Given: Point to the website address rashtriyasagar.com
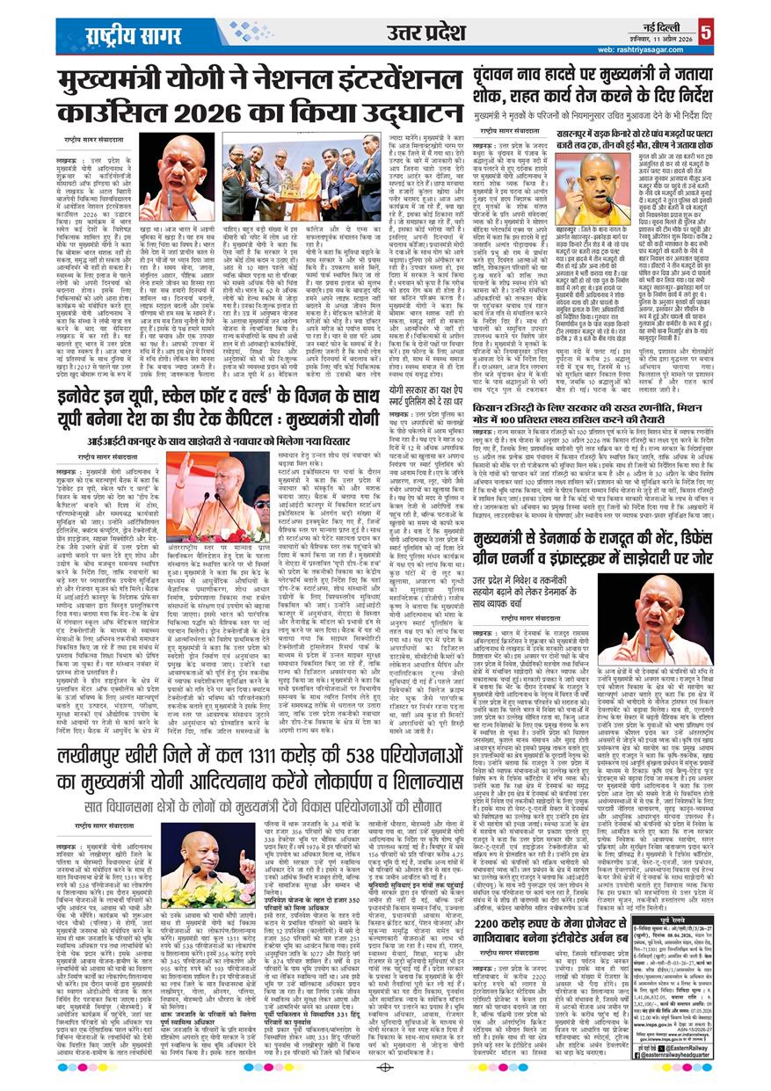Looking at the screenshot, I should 694,49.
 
